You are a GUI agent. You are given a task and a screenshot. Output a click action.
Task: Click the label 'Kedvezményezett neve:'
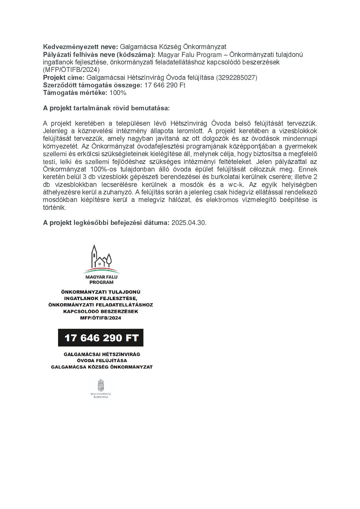pyautogui.click(x=80, y=47)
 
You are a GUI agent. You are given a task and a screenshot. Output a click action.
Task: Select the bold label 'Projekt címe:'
pyautogui.click(x=64, y=77)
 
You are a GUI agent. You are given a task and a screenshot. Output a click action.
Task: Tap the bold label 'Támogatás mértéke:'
pyautogui.click(x=75, y=93)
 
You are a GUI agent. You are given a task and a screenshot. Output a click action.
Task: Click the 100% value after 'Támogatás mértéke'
pyautogui.click(x=118, y=93)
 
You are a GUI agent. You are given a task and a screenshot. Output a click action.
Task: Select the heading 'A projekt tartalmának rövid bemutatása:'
pyautogui.click(x=106, y=108)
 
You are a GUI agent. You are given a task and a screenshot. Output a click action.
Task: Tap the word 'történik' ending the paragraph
pyautogui.click(x=55, y=207)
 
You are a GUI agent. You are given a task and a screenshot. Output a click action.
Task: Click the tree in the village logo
pyautogui.click(x=109, y=259)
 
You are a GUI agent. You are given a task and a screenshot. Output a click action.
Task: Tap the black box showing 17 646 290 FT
pyautogui.click(x=101, y=337)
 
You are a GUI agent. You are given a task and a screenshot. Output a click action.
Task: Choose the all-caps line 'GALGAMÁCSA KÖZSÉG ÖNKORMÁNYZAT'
pyautogui.click(x=102, y=367)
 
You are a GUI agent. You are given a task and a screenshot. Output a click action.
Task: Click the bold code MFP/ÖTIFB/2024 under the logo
pyautogui.click(x=101, y=318)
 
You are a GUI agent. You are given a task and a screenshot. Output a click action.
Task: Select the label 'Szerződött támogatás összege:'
pyautogui.click(x=93, y=85)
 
